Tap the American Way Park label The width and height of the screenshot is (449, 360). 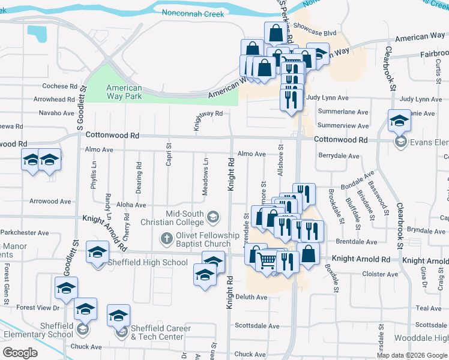point(124,92)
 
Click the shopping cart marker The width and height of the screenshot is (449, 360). point(267,260)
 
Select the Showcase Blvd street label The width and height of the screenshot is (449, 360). point(315,34)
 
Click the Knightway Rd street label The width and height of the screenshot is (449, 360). point(208,113)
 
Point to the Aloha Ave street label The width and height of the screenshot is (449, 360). point(131,205)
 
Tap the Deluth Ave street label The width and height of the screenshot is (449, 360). point(251,297)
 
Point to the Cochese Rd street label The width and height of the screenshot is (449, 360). point(60,86)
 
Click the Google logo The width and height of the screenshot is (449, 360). point(20,353)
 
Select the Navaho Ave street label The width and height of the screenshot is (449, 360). point(56,113)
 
